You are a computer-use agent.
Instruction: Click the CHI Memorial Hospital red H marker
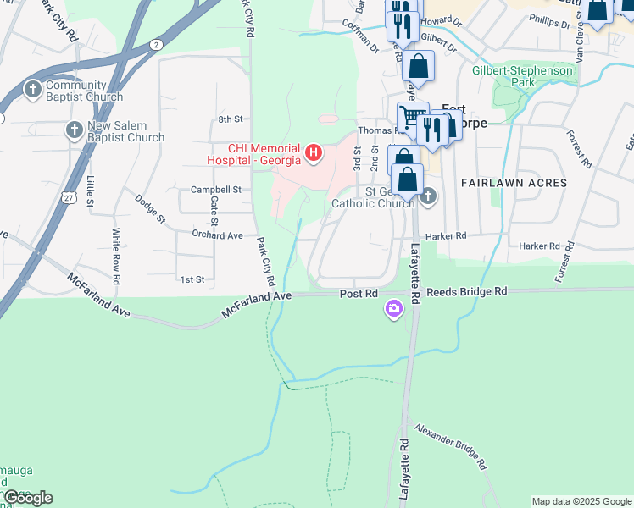coord(314,153)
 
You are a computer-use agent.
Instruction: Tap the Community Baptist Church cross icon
coord(32,89)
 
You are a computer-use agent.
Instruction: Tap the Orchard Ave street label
coord(218,235)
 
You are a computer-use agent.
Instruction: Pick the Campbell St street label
coord(216,190)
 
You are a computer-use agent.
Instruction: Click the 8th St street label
coord(230,119)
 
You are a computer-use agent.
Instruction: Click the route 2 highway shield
coord(155,43)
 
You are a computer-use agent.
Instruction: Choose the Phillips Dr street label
coord(549,20)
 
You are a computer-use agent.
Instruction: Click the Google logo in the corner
coord(27,498)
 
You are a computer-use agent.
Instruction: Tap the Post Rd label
coord(358,293)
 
